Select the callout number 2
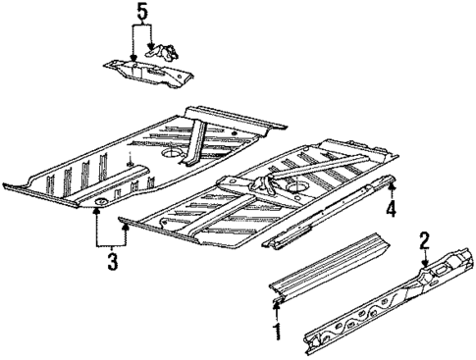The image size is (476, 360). click(424, 239)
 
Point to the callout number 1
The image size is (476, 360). click(277, 333)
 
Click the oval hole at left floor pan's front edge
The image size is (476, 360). click(99, 203)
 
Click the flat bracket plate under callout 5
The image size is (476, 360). click(147, 72)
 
